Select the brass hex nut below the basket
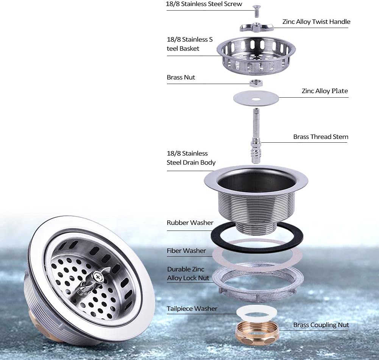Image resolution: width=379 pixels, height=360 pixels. coord(256,83)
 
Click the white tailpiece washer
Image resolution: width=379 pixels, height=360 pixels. coord(257,312)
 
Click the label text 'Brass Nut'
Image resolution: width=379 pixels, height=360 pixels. coord(181,77)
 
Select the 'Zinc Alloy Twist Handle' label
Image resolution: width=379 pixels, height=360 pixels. coord(316,22)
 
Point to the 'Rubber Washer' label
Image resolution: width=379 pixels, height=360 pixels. coord(190,223)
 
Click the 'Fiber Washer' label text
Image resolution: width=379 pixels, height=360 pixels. coord(186,251)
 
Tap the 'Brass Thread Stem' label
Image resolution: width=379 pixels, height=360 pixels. coord(321,137)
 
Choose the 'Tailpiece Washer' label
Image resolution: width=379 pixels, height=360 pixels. coord(192,309)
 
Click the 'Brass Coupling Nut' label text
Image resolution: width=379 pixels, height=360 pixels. coord(321,325)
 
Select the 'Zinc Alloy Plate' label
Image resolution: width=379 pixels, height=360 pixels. coord(324,91)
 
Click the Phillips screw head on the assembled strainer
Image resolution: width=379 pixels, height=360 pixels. coord(99,277)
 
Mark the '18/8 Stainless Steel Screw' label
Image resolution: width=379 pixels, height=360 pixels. coord(204,4)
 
